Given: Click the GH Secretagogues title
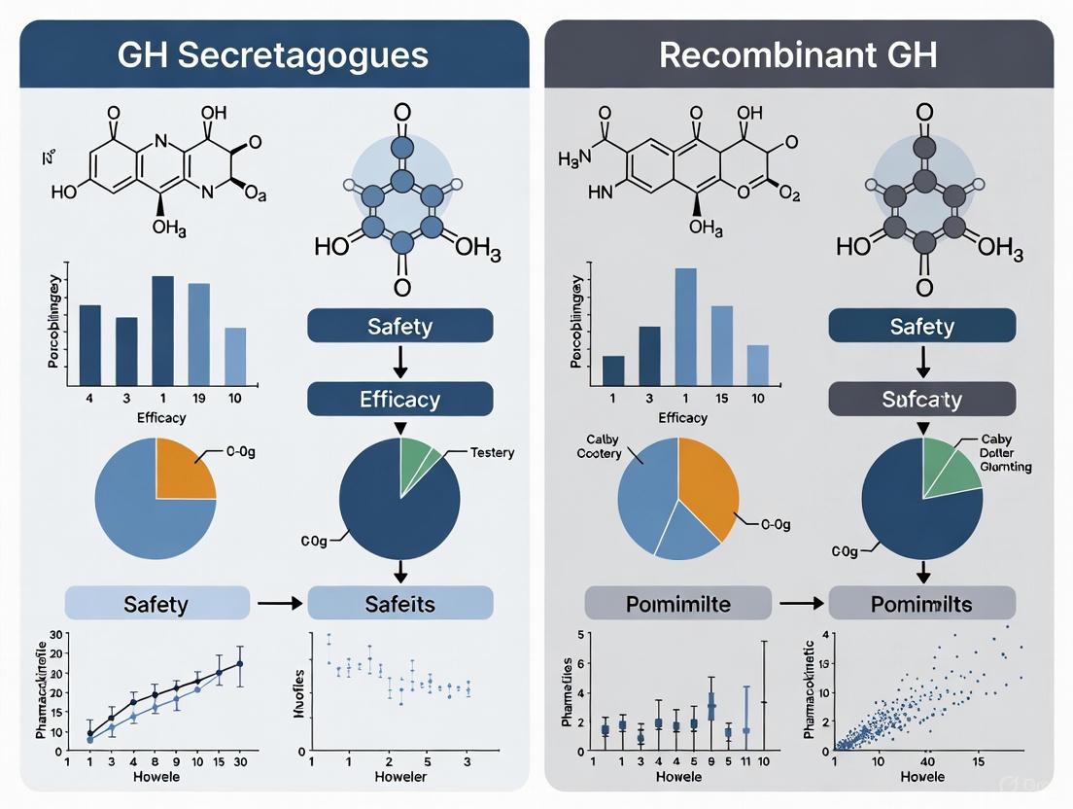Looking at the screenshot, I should pos(273,53).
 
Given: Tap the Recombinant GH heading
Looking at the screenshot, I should pos(798,53).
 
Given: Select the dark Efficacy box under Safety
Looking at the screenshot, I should pos(399,399).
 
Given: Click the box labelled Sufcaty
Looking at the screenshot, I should pos(921,399).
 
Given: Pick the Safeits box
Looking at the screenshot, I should pos(399,604).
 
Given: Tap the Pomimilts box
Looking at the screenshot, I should pos(921,604).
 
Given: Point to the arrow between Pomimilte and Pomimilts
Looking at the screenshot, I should pos(801,604).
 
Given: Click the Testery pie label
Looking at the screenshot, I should pos(492,452).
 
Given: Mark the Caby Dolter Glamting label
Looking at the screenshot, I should pos(1005,453).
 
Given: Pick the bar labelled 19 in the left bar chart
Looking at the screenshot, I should pos(198,333).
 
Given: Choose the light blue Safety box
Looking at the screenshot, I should pos(155,604).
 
